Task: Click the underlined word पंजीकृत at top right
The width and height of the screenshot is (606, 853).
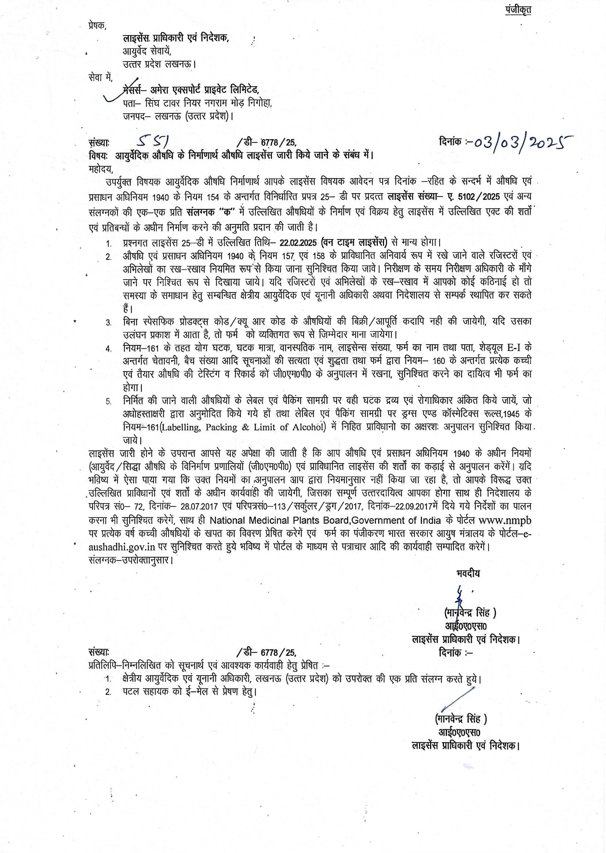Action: (518, 10)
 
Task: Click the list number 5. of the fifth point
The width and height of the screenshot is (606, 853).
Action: (109, 401)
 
